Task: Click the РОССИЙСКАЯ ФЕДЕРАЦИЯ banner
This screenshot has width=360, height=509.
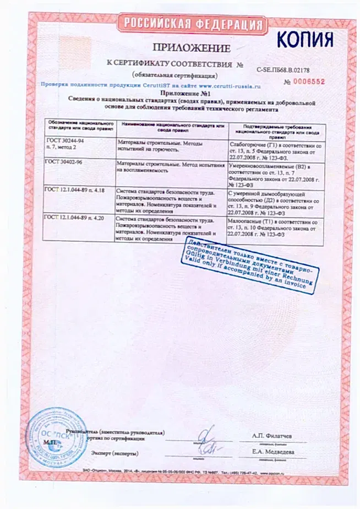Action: tap(192, 24)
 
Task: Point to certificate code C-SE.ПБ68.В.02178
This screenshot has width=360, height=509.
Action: tap(283, 70)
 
